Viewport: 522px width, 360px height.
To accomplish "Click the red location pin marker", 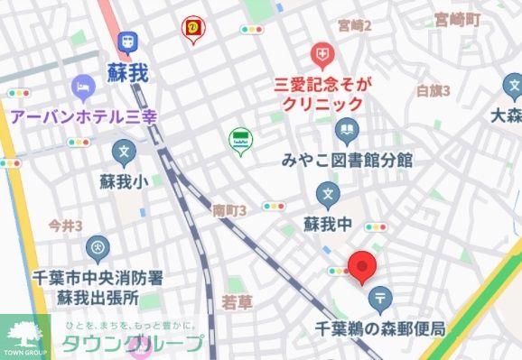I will (x=362, y=266).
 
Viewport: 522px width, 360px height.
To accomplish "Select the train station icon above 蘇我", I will (x=126, y=41).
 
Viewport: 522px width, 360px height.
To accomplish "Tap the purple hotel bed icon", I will (x=83, y=88).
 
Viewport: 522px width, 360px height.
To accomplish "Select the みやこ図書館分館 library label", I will (x=346, y=161).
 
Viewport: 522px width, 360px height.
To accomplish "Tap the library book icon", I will (x=347, y=133).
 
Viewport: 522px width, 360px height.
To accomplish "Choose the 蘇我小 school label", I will (x=125, y=181).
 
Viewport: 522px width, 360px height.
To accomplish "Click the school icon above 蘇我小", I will (x=125, y=152).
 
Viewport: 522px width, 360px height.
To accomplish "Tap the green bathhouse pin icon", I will (x=240, y=141).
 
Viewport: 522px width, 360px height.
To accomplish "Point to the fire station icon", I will (x=98, y=246).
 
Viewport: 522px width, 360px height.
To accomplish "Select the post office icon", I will (x=381, y=297).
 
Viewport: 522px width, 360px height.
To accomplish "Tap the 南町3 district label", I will (x=229, y=210).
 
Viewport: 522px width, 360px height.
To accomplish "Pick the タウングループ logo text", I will (x=132, y=344).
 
